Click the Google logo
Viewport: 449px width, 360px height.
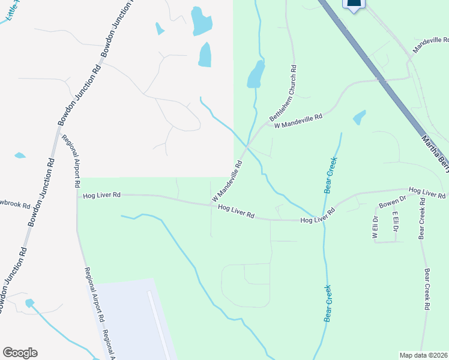tap(20, 353)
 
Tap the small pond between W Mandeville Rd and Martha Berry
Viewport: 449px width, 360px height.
tap(359, 117)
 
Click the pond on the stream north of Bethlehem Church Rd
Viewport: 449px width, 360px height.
tap(256, 75)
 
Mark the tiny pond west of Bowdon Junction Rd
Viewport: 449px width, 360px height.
tap(20, 155)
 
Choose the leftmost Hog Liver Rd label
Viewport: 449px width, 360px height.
tap(102, 195)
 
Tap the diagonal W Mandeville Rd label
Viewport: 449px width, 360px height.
tap(227, 181)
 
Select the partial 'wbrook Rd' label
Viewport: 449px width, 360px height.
tap(14, 205)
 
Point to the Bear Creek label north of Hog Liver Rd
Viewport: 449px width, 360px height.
tap(329, 175)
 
